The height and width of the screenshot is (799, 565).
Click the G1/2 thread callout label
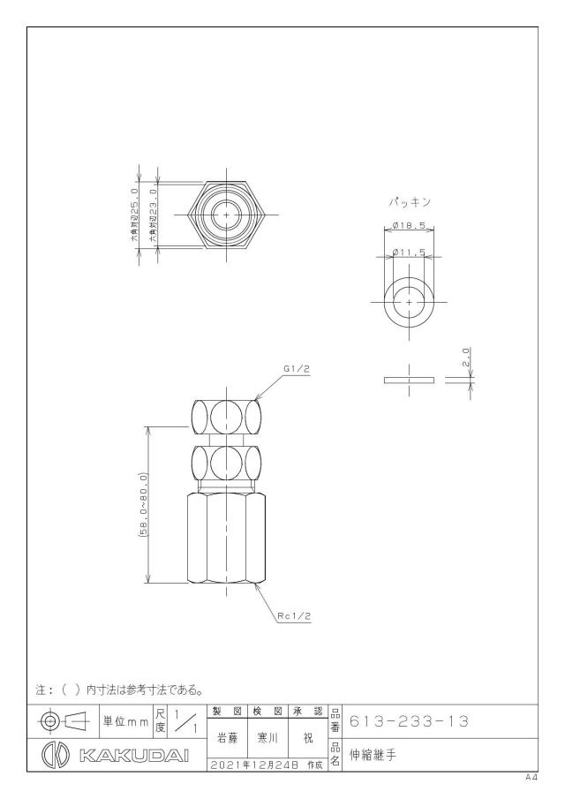[297, 370]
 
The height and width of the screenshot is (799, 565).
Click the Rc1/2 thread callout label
[295, 616]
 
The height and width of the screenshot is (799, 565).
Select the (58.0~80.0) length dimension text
[143, 504]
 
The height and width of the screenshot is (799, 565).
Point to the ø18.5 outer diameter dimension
[409, 226]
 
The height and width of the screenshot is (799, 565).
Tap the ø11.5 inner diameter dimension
[409, 252]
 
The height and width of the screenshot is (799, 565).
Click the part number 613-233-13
[409, 721]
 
